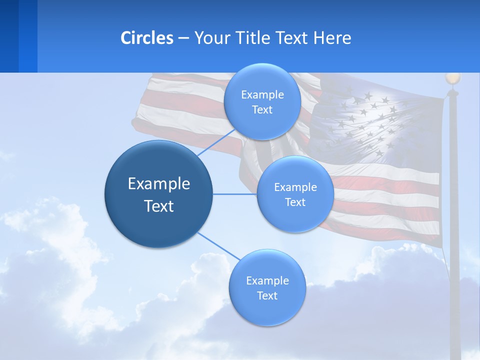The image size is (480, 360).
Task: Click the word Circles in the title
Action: click(146, 38)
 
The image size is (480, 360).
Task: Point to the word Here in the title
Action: click(332, 38)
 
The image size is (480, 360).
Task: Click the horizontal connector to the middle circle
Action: click(235, 194)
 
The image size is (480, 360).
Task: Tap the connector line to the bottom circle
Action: click(219, 246)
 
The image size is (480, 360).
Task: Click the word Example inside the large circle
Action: click(158, 184)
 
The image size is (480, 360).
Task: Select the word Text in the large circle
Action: click(158, 206)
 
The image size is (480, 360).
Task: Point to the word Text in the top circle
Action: click(262, 110)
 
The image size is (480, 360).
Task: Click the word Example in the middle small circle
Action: click(295, 187)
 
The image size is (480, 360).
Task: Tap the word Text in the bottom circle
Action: click(267, 295)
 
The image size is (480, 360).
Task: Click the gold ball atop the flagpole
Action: click(452, 78)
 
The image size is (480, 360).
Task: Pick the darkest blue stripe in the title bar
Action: click(9, 36)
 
